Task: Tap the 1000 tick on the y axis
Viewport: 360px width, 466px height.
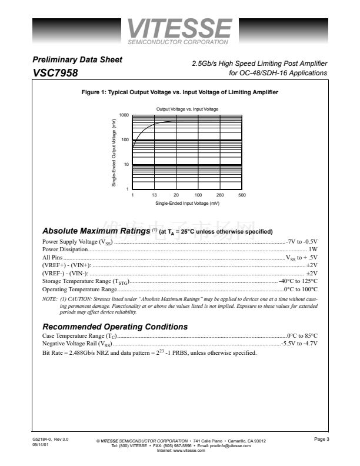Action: point(124,115)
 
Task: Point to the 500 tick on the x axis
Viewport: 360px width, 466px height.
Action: point(242,195)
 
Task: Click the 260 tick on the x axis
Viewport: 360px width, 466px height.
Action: point(220,195)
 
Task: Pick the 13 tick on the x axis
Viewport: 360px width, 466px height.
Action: point(154,195)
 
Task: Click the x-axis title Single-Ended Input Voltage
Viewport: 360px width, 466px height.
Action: point(187,203)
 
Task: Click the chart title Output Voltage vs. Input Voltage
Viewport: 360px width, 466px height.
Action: point(187,109)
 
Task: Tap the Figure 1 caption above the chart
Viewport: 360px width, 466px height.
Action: point(180,92)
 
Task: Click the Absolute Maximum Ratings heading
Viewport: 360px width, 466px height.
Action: point(96,231)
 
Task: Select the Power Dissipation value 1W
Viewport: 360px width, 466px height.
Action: point(313,249)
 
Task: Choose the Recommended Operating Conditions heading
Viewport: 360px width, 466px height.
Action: point(115,327)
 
